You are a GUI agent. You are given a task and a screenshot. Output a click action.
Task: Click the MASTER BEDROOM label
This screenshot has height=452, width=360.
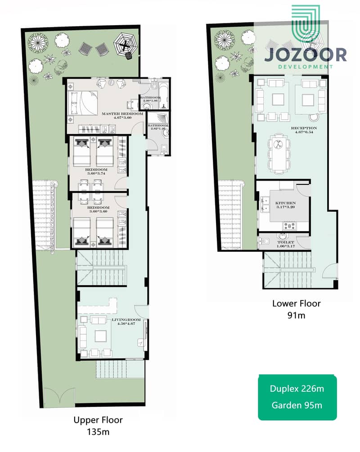tap(122, 114)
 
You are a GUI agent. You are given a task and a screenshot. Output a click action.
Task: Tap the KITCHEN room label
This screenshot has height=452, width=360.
tap(285, 203)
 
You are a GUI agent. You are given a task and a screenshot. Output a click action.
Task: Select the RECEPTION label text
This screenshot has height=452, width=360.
tap(290, 128)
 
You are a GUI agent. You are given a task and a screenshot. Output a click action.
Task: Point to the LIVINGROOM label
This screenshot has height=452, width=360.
tap(126, 320)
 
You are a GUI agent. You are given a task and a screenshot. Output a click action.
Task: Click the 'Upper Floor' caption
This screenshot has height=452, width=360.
tap(98, 420)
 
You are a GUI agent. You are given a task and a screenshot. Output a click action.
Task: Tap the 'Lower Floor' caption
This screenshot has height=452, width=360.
tap(296, 304)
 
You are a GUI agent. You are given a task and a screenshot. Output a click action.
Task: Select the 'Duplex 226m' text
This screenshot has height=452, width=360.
tap(297, 388)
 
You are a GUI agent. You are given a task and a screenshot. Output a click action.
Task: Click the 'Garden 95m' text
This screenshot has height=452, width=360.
tap(297, 405)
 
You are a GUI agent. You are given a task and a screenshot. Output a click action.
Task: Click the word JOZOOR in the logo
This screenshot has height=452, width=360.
tap(305, 55)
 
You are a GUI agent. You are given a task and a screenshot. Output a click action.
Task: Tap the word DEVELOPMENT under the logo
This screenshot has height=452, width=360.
tap(306, 67)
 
